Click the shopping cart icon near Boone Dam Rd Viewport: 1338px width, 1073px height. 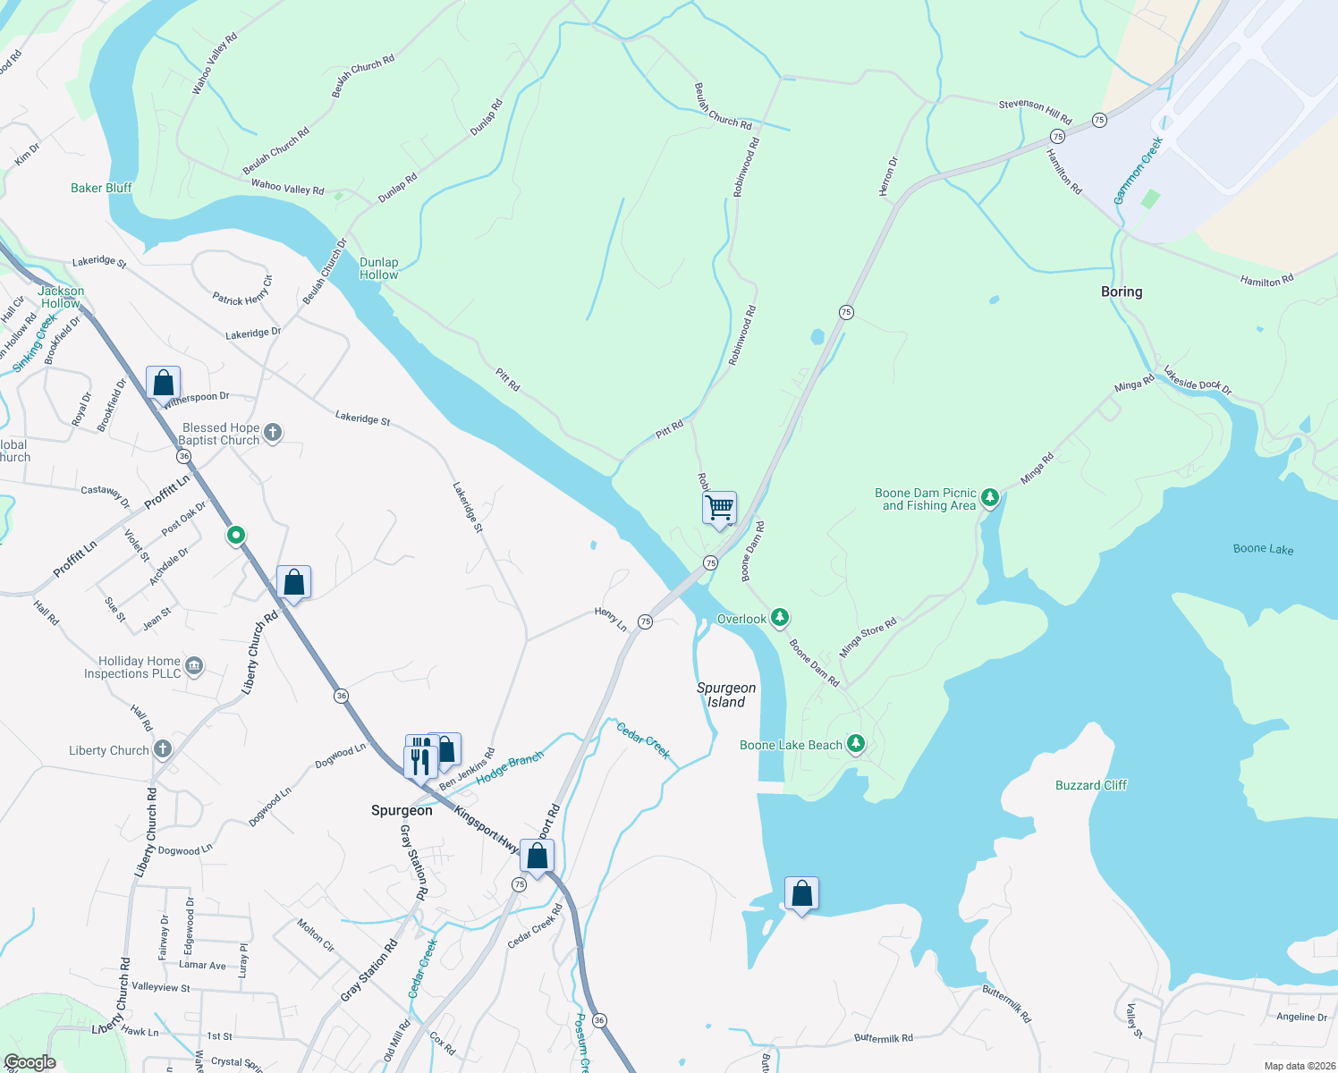(x=719, y=508)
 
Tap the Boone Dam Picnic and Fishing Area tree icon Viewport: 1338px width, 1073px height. (x=989, y=497)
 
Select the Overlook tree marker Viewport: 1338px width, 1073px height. (x=780, y=617)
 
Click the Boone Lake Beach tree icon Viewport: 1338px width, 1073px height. (x=856, y=743)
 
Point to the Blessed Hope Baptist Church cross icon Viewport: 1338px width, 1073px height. (x=273, y=433)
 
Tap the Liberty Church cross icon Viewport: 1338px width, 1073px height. (x=162, y=748)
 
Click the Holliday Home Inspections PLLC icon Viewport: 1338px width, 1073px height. (x=194, y=665)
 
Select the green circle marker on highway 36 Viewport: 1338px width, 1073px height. (x=235, y=535)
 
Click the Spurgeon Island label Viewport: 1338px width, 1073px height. (x=726, y=695)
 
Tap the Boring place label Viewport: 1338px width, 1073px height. (x=1122, y=291)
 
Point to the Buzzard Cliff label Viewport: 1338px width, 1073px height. (x=1091, y=785)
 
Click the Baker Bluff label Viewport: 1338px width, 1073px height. (x=101, y=188)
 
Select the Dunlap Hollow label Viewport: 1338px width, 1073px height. (x=379, y=268)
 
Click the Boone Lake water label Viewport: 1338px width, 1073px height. (x=1263, y=549)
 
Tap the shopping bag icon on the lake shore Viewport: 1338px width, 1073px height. (x=801, y=893)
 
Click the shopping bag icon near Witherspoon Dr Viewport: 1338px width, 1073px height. (x=164, y=383)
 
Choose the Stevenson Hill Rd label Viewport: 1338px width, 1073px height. (x=1035, y=110)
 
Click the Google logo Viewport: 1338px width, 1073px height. (x=30, y=1062)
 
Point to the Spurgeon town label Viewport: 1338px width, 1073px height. (x=402, y=810)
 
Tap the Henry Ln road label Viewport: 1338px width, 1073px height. (x=611, y=618)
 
